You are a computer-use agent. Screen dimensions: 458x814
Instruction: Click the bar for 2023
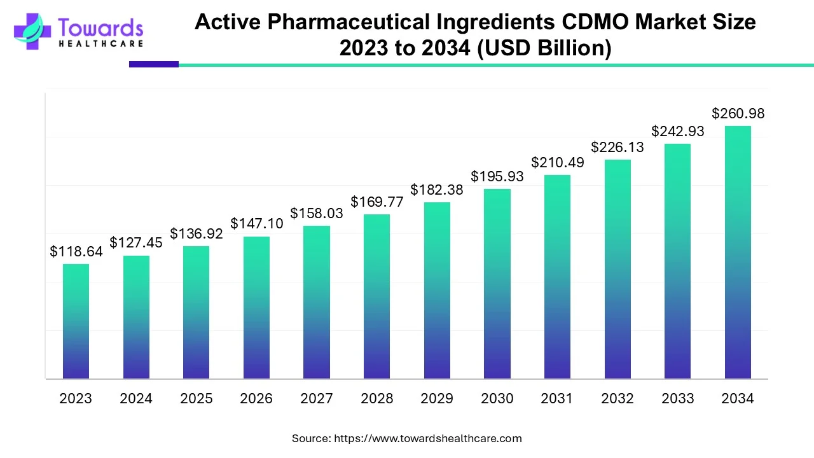[x=76, y=321]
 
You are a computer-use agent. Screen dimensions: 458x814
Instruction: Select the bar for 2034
[x=738, y=252]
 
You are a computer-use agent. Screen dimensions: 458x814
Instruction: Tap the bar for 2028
[x=376, y=296]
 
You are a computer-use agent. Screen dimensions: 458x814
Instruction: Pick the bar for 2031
[x=557, y=277]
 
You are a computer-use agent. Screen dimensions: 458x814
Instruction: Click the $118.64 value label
[x=76, y=252]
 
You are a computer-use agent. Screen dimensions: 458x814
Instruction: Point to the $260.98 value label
[x=738, y=114]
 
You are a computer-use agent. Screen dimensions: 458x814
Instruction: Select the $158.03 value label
[x=316, y=214]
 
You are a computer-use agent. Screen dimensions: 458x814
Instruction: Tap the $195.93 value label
[x=497, y=176]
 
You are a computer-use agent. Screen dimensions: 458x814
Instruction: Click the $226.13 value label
[x=617, y=148]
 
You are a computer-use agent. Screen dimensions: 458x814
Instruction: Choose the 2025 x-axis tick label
[x=196, y=399]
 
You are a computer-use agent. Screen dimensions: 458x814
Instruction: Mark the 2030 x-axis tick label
[x=497, y=399]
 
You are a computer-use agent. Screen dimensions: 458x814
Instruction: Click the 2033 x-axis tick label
[x=677, y=399]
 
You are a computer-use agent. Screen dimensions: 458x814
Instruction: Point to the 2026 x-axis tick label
[x=256, y=399]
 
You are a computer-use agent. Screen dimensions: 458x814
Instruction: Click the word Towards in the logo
[x=100, y=27]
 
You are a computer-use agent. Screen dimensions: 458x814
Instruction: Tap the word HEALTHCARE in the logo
[x=100, y=44]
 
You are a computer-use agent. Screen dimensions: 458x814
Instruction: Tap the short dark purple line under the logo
[x=153, y=64]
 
